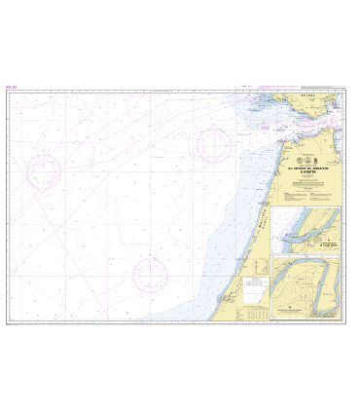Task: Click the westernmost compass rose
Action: (x=44, y=172)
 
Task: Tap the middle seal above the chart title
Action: (x=311, y=158)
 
